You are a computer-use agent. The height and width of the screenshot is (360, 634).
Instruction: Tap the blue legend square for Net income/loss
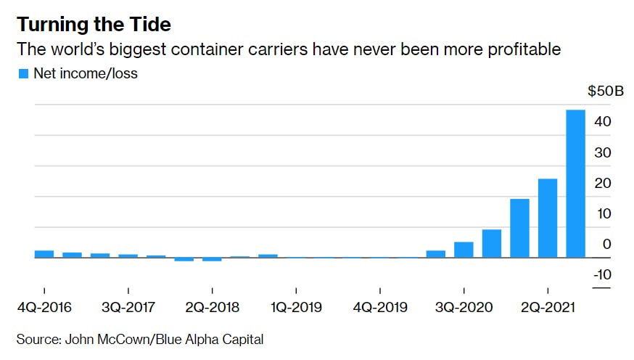pyautogui.click(x=23, y=73)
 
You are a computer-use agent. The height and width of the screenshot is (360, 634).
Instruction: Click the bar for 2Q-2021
pyautogui.click(x=548, y=218)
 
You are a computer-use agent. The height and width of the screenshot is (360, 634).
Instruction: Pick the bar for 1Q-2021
pyautogui.click(x=519, y=228)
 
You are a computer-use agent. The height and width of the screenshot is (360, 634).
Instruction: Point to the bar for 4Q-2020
pyautogui.click(x=492, y=243)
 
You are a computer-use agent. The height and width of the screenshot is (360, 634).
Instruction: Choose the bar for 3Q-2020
pyautogui.click(x=464, y=250)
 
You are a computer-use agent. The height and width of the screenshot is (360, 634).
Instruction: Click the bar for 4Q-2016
pyautogui.click(x=44, y=254)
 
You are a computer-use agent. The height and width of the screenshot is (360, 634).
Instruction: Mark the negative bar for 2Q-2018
pyautogui.click(x=212, y=259)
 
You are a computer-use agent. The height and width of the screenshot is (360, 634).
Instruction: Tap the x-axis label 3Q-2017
pyautogui.click(x=128, y=307)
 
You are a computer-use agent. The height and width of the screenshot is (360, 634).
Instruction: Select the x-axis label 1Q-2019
pyautogui.click(x=296, y=307)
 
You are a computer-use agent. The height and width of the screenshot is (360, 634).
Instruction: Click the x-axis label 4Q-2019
pyautogui.click(x=379, y=307)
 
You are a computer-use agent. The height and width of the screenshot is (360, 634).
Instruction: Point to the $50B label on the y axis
pyautogui.click(x=605, y=91)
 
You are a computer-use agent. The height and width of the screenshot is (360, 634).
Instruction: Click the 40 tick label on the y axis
pyautogui.click(x=604, y=121)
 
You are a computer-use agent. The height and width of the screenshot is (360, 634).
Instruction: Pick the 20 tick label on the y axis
pyautogui.click(x=604, y=183)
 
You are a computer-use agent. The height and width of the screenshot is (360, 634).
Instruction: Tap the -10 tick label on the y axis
pyautogui.click(x=601, y=274)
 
